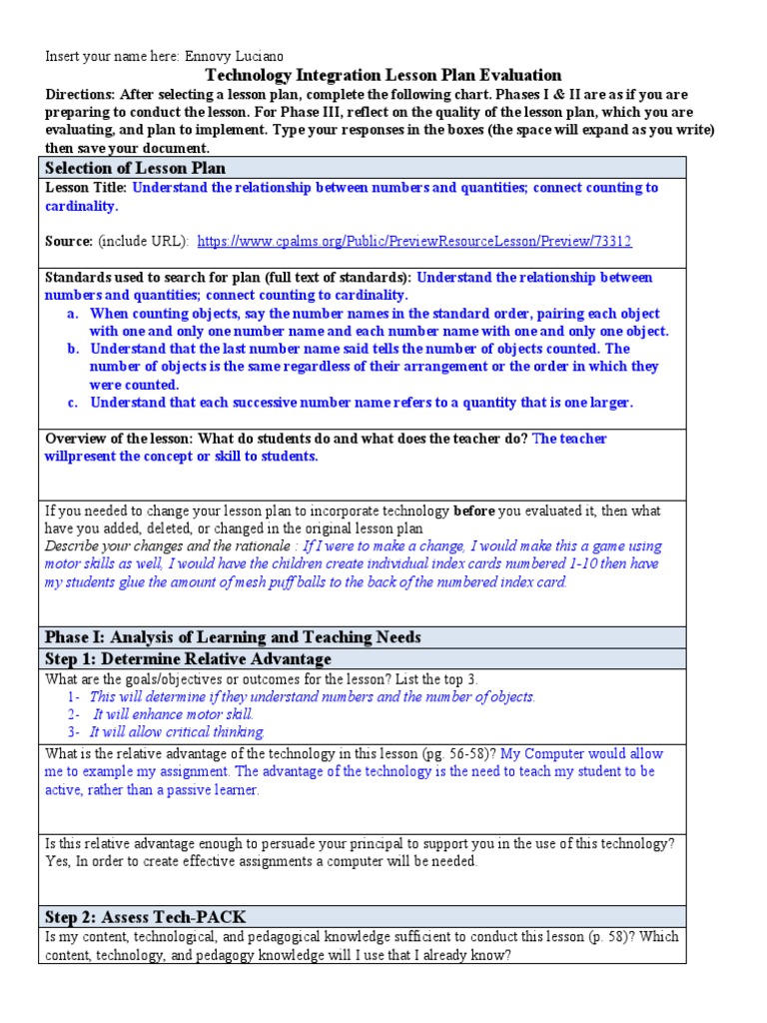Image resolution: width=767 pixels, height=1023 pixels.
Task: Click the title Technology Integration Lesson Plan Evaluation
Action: click(383, 75)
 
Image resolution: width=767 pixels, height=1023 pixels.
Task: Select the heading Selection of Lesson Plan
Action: click(135, 168)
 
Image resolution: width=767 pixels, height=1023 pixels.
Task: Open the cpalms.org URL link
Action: click(414, 241)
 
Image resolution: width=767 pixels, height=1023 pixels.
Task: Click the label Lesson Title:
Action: click(86, 188)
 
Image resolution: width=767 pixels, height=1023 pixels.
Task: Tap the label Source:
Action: click(68, 241)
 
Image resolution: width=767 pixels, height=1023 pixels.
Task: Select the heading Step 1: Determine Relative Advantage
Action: click(188, 658)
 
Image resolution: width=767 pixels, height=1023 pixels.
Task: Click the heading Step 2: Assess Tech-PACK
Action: click(146, 916)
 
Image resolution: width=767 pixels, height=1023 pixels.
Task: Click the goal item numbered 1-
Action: click(74, 696)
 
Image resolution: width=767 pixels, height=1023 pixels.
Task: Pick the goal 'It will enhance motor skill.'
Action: click(173, 714)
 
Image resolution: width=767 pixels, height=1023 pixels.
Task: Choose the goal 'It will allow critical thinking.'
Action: click(177, 731)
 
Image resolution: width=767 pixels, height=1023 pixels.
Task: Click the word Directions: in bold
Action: click(80, 94)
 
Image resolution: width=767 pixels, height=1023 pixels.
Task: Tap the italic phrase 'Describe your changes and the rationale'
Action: click(169, 546)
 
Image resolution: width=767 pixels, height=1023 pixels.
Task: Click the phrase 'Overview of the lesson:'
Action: click(119, 439)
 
